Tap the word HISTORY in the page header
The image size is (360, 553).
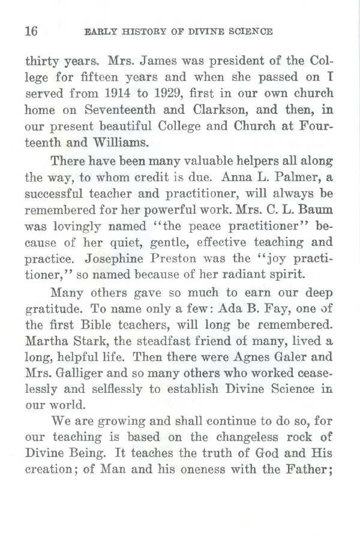click(132, 31)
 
